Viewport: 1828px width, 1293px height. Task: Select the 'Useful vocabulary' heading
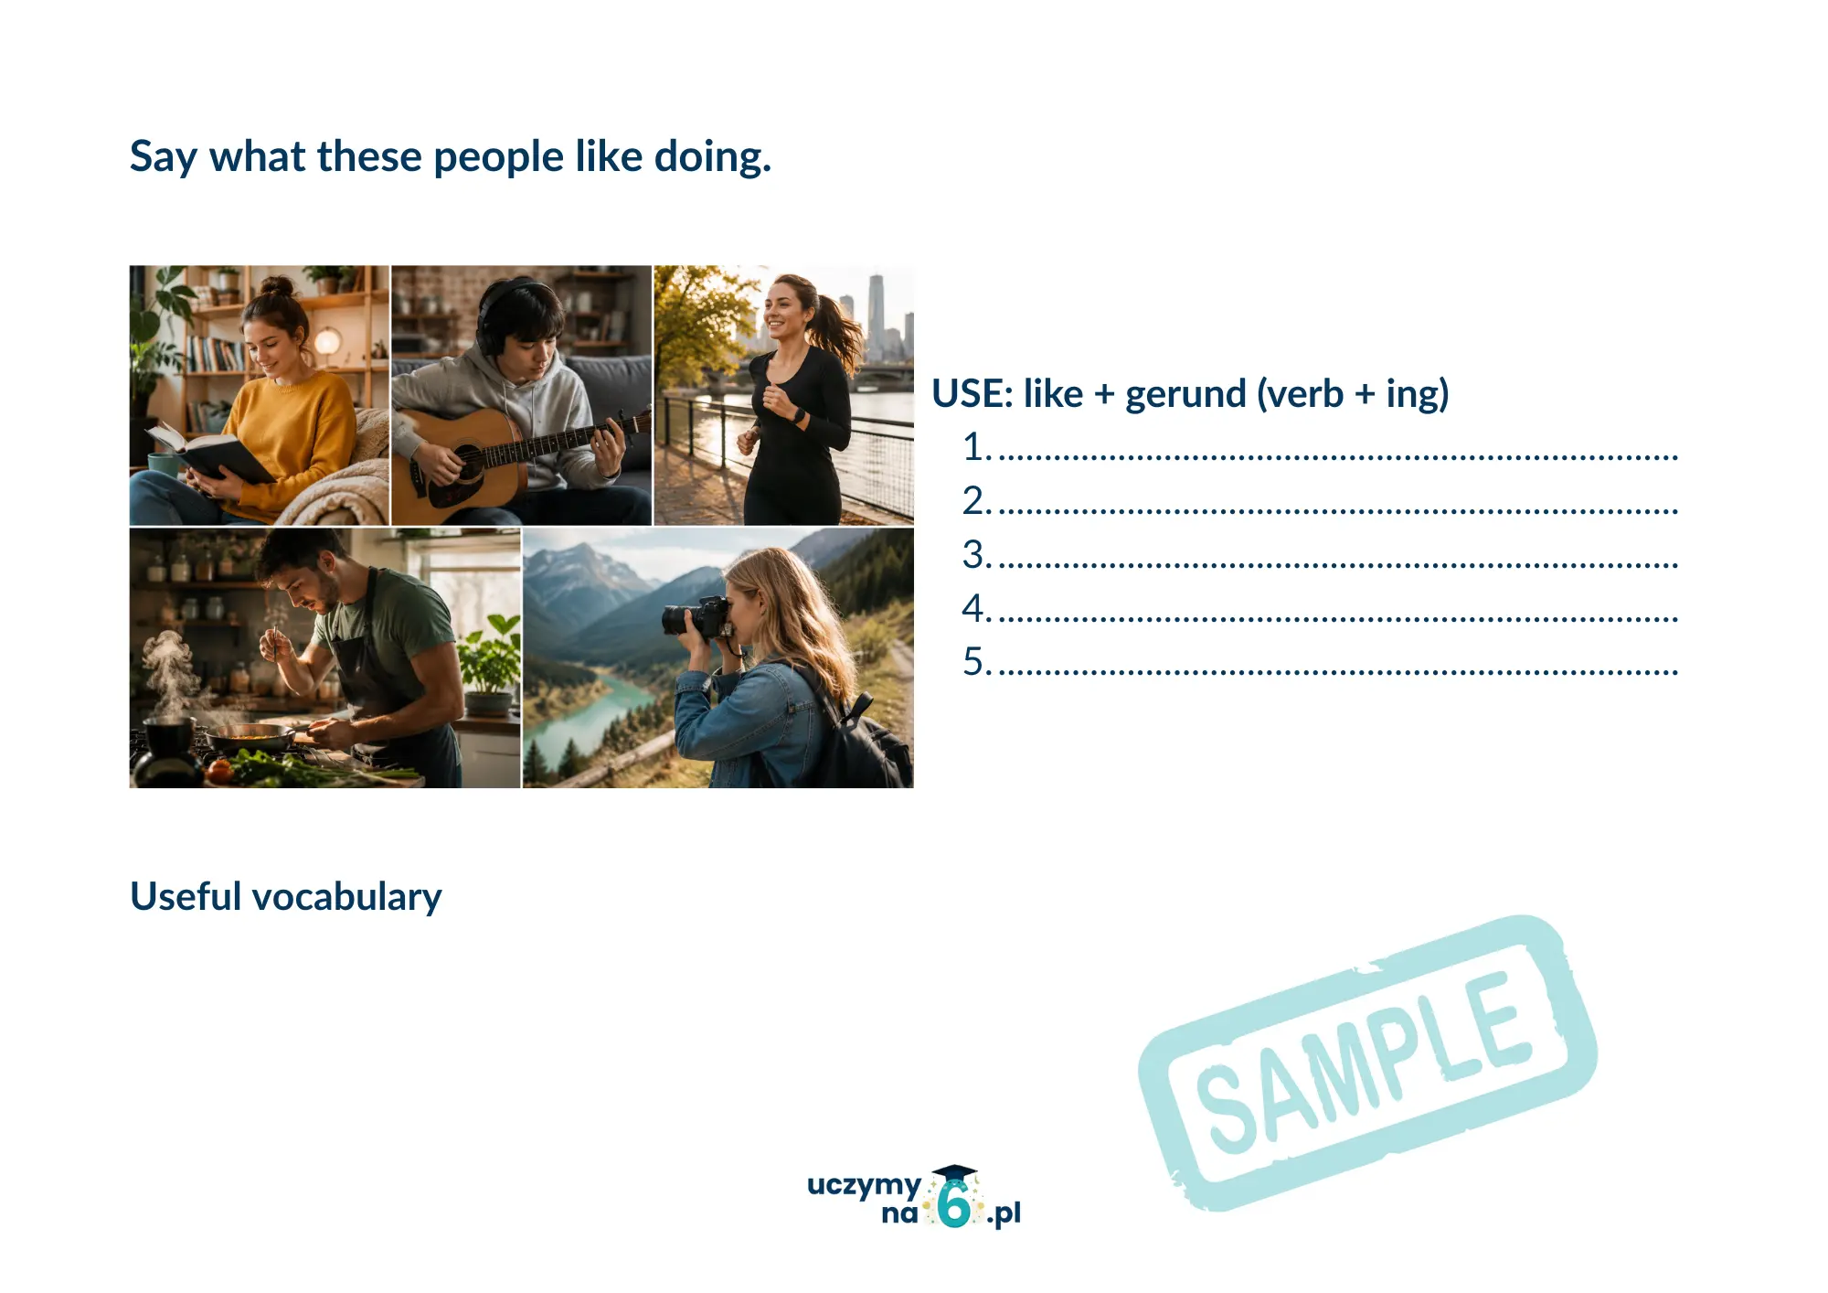click(286, 897)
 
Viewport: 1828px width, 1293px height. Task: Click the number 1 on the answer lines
click(973, 447)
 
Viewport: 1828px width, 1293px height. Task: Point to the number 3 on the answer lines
click(973, 554)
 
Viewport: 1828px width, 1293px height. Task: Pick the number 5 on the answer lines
click(973, 661)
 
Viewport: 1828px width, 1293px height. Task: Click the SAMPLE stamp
click(1367, 1063)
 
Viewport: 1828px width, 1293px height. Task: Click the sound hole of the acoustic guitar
click(467, 463)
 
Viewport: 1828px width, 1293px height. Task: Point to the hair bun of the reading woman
click(278, 286)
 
